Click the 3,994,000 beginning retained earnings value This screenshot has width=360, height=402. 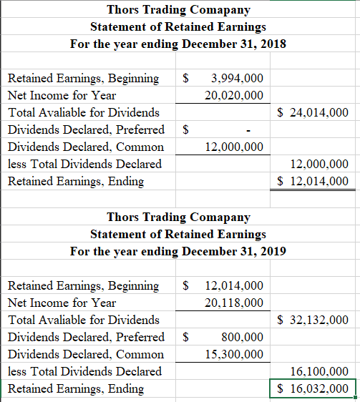tap(237, 78)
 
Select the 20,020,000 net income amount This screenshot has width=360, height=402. tap(233, 95)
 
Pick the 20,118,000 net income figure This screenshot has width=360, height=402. tap(233, 303)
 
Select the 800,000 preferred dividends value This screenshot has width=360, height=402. tap(243, 337)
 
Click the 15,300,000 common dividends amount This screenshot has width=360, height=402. tap(233, 354)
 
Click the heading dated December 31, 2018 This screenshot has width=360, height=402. tap(178, 44)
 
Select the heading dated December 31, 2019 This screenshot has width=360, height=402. tap(178, 251)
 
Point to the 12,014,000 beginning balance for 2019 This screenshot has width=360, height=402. tap(233, 285)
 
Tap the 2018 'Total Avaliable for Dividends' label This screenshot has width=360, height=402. tap(83, 112)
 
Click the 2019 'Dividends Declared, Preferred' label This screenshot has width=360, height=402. tap(85, 337)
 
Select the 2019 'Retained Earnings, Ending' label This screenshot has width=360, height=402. tap(75, 388)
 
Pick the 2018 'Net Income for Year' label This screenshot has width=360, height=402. tap(62, 95)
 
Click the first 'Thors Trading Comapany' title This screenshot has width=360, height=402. tap(178, 9)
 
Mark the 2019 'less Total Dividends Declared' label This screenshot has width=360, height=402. tap(84, 371)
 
